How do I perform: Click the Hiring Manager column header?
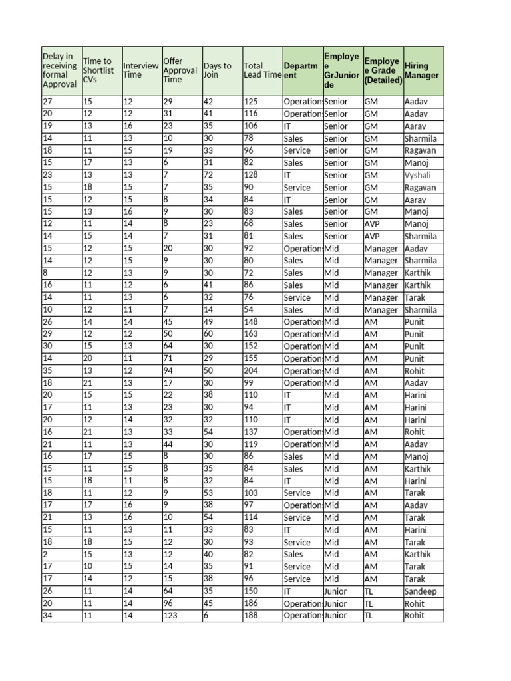(423, 70)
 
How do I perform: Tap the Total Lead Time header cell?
(261, 70)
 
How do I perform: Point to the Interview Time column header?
(141, 70)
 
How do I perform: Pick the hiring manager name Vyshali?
(417, 175)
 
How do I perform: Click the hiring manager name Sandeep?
(421, 591)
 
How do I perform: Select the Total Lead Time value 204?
(251, 371)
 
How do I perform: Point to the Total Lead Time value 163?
(251, 335)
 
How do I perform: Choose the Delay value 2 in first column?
(45, 555)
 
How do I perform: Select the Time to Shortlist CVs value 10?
(88, 567)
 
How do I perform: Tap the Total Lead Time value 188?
(251, 616)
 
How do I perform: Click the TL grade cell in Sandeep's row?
(369, 591)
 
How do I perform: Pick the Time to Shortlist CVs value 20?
(88, 359)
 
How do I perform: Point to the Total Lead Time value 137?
(251, 432)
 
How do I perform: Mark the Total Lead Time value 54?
(249, 310)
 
